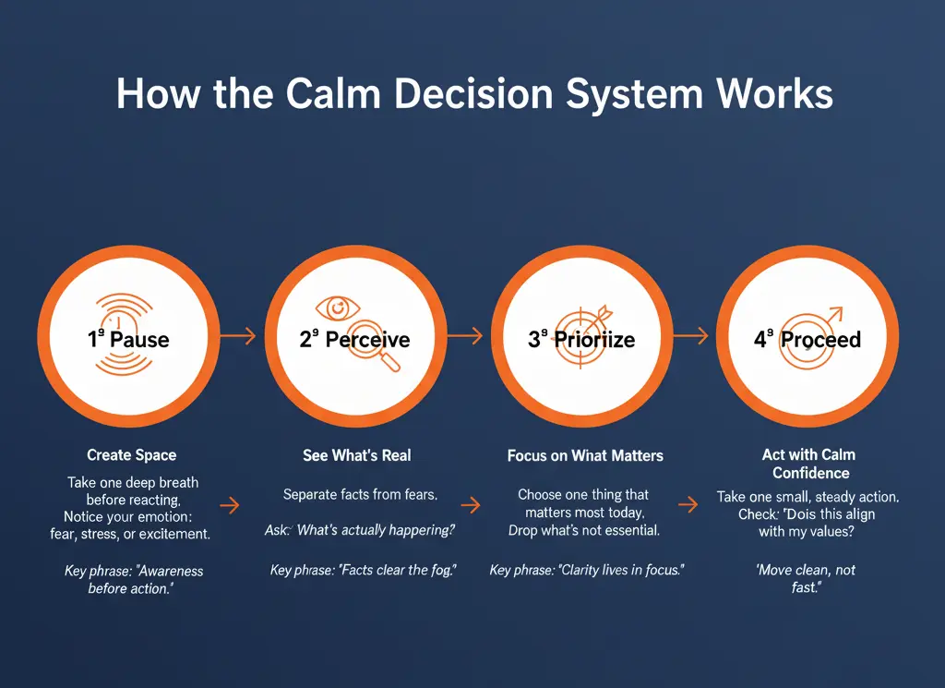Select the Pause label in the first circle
(x=138, y=339)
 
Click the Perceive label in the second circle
(x=366, y=339)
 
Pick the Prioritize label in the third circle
(x=593, y=339)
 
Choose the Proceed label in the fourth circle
(x=819, y=339)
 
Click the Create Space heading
(x=131, y=454)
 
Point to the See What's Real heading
(x=357, y=455)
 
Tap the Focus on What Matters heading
(x=585, y=455)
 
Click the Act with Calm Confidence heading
(x=808, y=464)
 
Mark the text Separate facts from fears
(x=360, y=495)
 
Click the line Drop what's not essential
(x=585, y=530)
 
